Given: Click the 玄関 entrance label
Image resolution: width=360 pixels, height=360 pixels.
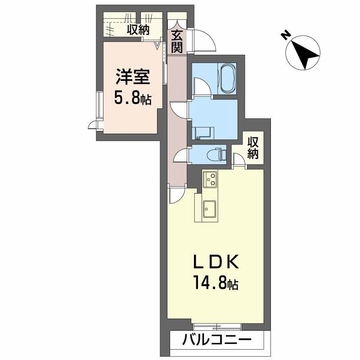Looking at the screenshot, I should (176, 40).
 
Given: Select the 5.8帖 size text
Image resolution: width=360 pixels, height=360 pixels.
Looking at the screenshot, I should (132, 98).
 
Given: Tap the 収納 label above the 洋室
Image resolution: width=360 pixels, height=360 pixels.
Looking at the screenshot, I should (138, 30).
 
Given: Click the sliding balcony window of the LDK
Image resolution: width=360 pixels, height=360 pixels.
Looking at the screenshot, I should (217, 325).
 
